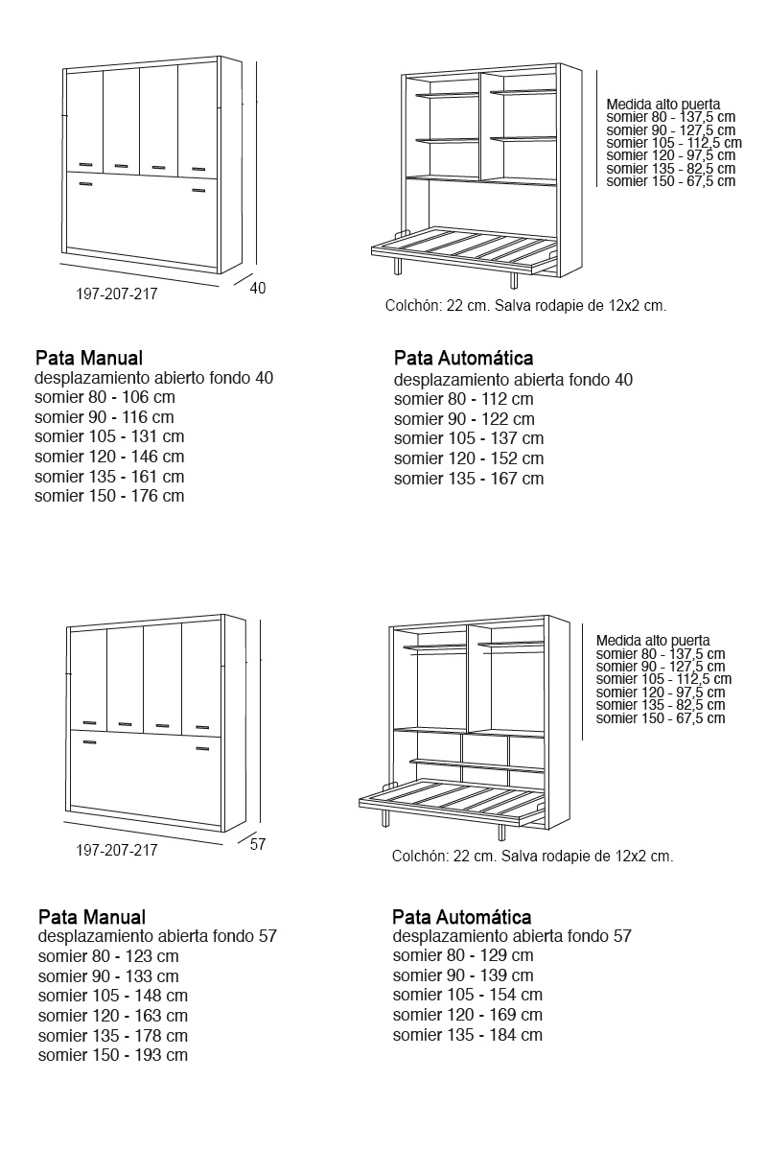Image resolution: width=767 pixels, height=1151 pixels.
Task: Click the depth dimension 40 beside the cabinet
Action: click(257, 287)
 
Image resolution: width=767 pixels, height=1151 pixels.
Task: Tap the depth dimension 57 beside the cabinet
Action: click(257, 844)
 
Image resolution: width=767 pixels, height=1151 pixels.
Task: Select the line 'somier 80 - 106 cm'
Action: click(105, 397)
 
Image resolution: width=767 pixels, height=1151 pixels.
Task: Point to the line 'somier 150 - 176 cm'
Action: click(109, 496)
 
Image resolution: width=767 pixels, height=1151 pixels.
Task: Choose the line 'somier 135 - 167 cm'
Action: click(468, 478)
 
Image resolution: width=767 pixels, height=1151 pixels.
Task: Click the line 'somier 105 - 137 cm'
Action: click(468, 438)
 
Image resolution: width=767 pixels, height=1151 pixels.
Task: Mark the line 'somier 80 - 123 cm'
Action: click(108, 955)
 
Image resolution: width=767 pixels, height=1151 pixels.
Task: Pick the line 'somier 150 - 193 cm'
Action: click(113, 1055)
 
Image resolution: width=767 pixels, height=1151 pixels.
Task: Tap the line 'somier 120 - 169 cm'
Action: click(467, 1015)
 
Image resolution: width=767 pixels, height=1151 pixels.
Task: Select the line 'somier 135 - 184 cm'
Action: click(467, 1035)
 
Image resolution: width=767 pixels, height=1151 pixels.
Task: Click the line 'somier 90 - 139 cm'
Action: click(463, 975)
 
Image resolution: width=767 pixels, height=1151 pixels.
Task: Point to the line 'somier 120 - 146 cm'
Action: click(109, 457)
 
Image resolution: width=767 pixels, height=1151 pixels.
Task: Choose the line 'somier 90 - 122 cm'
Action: click(464, 418)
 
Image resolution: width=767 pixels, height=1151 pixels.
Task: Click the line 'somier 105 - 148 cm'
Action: click(113, 996)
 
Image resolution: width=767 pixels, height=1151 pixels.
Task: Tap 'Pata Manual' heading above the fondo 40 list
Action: click(88, 359)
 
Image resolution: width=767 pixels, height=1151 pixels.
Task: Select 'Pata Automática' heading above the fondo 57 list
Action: click(461, 918)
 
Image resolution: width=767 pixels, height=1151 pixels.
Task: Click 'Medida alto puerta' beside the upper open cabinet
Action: click(662, 105)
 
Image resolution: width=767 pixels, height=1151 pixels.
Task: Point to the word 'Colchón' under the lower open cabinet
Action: click(419, 857)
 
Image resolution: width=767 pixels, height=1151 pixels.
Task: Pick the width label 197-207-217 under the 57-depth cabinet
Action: click(116, 850)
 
